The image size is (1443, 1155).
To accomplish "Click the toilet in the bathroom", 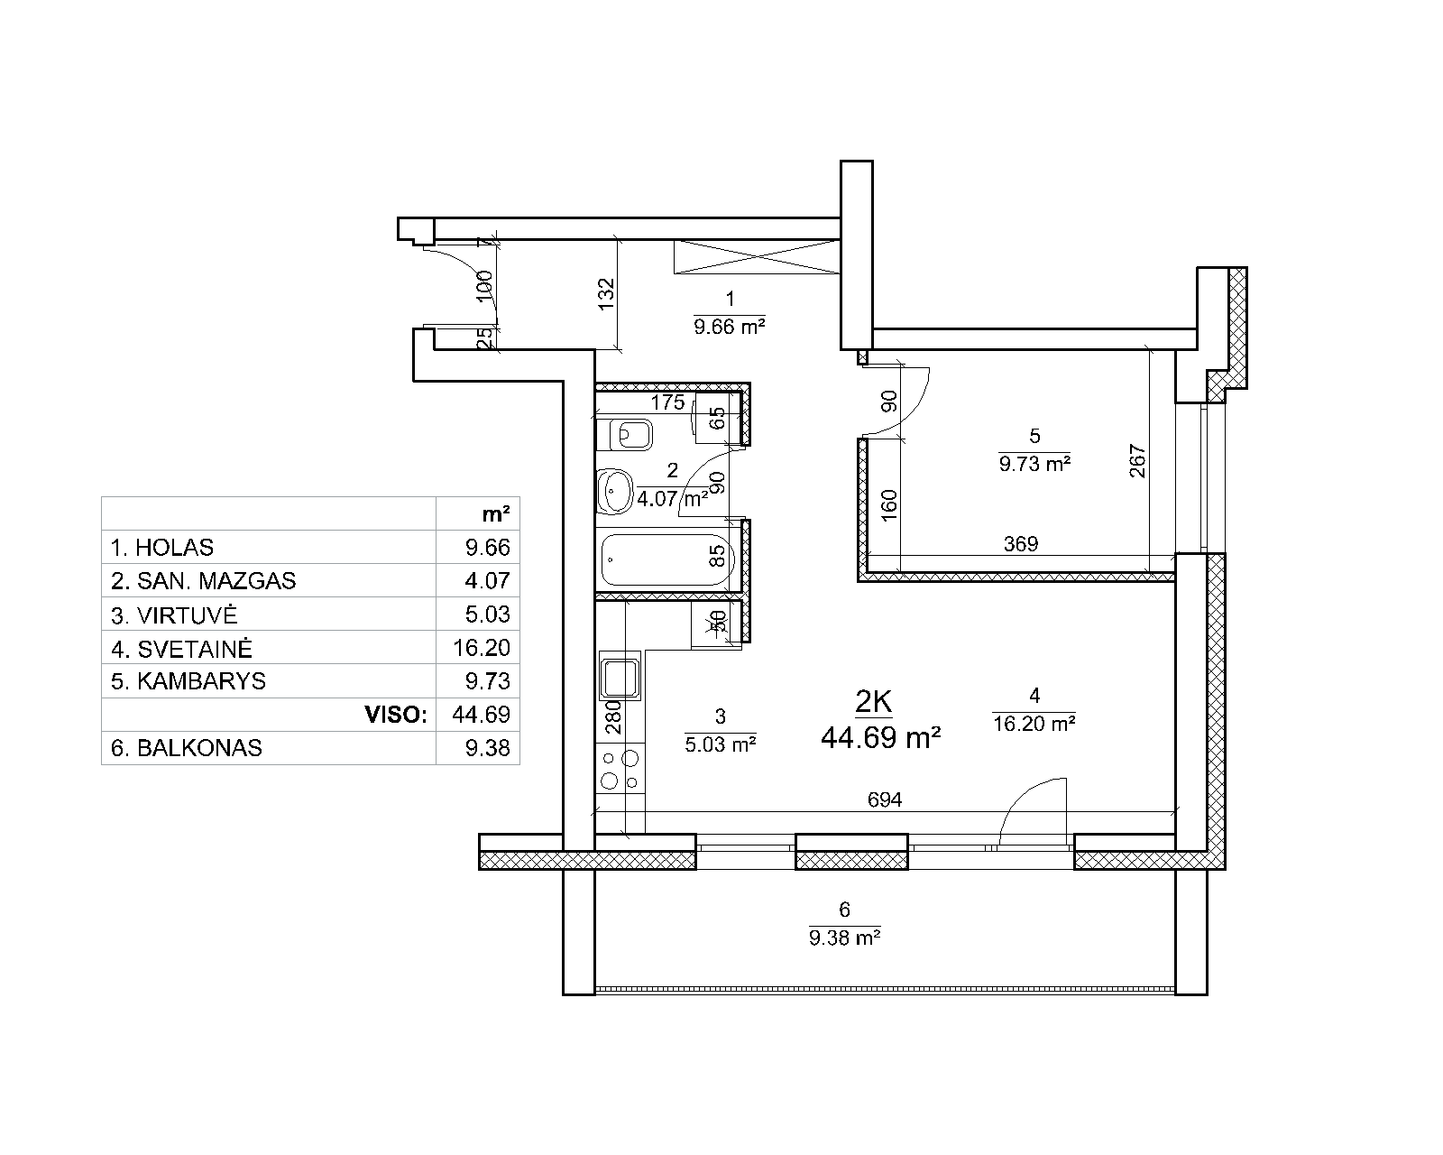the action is (624, 435).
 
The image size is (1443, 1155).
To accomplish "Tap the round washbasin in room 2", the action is (615, 491).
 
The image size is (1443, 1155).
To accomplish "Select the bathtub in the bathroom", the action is (668, 559).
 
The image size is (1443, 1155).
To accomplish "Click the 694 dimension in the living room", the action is (885, 799).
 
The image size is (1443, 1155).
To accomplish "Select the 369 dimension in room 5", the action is (1021, 543).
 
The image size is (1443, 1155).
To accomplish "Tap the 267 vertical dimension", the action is (1138, 461).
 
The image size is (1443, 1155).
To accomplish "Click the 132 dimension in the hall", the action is (606, 294).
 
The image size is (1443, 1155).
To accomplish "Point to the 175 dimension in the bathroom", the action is (668, 402).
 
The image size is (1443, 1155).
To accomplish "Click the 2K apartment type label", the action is (874, 702).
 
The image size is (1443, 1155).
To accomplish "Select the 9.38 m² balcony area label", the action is (844, 938).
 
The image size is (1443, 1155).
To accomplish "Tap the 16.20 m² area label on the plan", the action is (1034, 724).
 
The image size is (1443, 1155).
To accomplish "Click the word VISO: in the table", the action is (396, 715).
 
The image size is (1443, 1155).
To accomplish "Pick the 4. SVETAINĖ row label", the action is (181, 649).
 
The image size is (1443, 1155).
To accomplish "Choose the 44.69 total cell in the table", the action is (481, 715).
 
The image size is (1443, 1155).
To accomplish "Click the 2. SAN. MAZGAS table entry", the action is (203, 581).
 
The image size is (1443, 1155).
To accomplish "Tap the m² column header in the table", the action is (495, 514).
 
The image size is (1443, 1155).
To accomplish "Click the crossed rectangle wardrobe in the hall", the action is (757, 256).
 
